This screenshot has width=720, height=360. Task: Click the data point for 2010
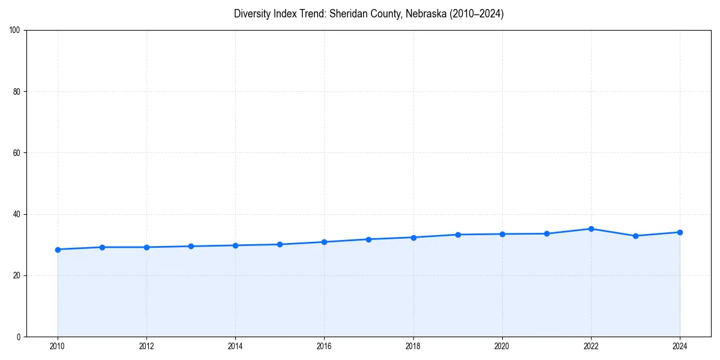(x=58, y=250)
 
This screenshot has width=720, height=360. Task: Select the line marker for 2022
(x=591, y=229)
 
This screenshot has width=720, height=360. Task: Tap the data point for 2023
(x=635, y=236)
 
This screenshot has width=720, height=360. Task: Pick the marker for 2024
(x=680, y=232)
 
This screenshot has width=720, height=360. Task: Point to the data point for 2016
(x=324, y=242)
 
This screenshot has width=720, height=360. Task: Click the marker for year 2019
(x=458, y=235)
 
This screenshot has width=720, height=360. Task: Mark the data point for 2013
(x=191, y=246)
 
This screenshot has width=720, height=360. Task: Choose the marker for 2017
(x=368, y=239)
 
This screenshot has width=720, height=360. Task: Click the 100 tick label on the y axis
(x=15, y=31)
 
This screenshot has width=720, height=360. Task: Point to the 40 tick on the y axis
(x=16, y=214)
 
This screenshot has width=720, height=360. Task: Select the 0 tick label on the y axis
(x=19, y=337)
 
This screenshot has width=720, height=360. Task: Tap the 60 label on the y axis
(x=16, y=153)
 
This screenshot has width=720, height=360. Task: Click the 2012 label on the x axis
(x=146, y=346)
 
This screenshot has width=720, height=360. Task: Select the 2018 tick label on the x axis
(x=413, y=346)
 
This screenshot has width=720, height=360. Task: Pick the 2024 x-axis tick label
(x=680, y=346)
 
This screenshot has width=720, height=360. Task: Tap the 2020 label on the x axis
(x=502, y=346)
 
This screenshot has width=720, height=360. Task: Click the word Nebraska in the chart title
(x=423, y=14)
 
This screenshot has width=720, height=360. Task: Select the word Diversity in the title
(x=251, y=14)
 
